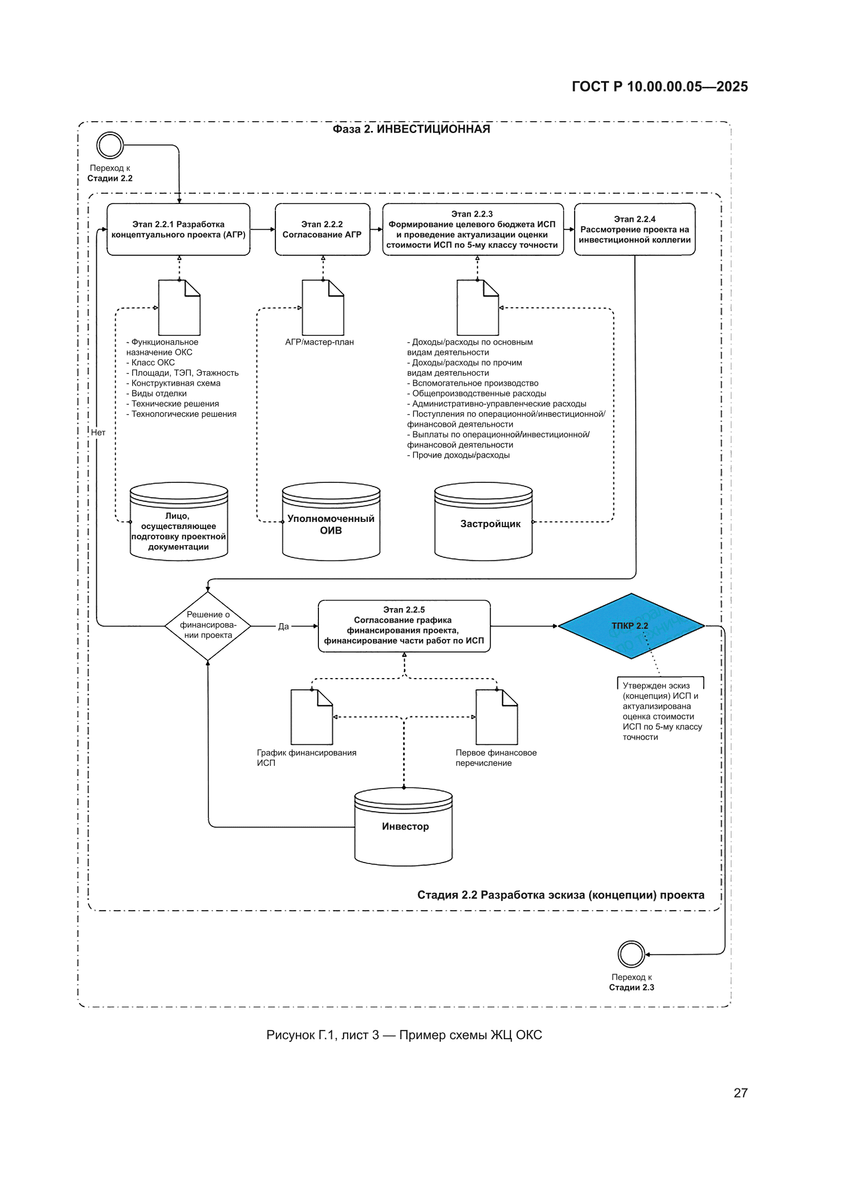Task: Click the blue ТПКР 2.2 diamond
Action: tap(631, 626)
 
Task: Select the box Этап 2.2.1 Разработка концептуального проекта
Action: tap(178, 229)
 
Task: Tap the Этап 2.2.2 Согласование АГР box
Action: tap(322, 229)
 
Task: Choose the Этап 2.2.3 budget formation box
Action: tap(473, 229)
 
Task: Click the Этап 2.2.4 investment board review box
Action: tap(634, 229)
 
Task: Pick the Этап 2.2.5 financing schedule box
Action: tap(404, 626)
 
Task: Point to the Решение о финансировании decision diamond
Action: tap(207, 626)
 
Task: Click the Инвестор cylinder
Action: tap(403, 827)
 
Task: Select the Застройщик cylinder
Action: tap(483, 521)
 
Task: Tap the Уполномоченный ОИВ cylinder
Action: tap(331, 521)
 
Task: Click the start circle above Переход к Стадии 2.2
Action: tap(110, 145)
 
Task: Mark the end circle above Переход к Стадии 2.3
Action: tap(631, 953)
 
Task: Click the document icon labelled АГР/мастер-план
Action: tap(323, 308)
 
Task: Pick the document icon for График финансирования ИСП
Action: tap(312, 717)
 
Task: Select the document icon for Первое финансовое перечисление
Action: tap(497, 717)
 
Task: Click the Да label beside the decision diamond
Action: tap(283, 626)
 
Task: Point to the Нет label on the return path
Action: tap(98, 432)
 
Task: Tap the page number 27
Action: tap(741, 1093)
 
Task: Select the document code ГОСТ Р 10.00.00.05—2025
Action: tap(659, 86)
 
